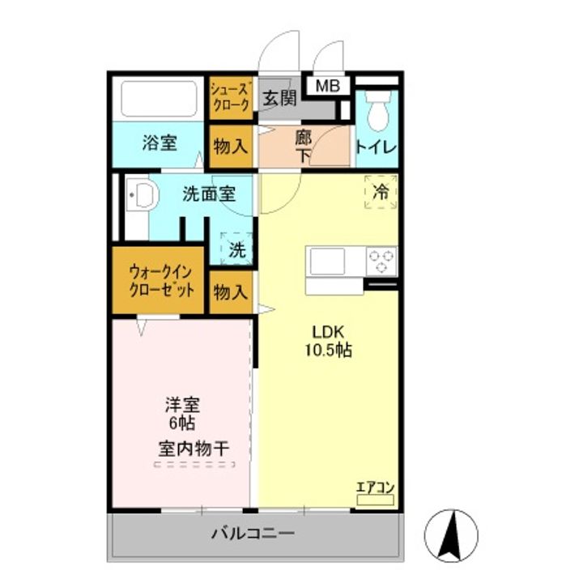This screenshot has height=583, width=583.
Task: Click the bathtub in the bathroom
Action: coord(160,98)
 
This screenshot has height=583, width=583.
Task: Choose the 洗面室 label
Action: coord(208,194)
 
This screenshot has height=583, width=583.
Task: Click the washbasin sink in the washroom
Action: coord(143,195)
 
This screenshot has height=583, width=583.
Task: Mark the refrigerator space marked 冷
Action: coord(381,192)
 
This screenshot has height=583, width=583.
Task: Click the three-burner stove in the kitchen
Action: coord(381,261)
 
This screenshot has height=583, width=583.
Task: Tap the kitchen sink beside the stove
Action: coord(326,262)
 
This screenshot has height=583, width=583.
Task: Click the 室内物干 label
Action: coord(194,448)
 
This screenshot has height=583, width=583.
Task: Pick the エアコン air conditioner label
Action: coord(375,487)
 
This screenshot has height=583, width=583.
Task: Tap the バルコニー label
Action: coord(253,534)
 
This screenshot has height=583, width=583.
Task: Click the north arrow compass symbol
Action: coord(452,535)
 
